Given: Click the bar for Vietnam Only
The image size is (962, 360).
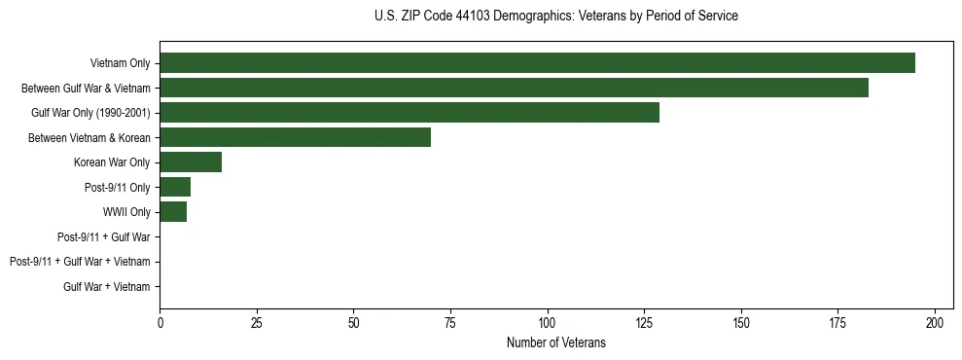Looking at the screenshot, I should (x=537, y=63).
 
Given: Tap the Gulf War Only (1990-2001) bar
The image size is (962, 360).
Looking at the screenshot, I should (x=410, y=113).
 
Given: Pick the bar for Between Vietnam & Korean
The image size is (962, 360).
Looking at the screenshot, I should (x=295, y=137).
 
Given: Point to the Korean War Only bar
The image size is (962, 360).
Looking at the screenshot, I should (x=191, y=162).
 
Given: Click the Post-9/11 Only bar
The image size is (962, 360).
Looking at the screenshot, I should (x=175, y=187).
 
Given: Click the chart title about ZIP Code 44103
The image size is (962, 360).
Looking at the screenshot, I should (x=555, y=17).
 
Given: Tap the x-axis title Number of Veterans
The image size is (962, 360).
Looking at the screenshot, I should (x=555, y=342).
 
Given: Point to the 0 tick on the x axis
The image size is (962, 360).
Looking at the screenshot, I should (x=160, y=322).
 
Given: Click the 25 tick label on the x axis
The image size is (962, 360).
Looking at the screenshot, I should (x=257, y=322).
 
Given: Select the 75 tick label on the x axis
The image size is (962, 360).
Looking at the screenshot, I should (x=450, y=322).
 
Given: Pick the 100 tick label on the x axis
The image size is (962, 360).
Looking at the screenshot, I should (x=548, y=322).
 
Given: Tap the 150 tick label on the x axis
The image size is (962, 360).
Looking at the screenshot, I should (x=741, y=322).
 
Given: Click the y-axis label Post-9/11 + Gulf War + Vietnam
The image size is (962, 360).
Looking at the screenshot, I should (x=80, y=262).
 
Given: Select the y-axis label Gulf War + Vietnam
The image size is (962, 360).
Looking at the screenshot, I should (x=107, y=287).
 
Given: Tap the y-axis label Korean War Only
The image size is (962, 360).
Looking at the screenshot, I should (x=112, y=162).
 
